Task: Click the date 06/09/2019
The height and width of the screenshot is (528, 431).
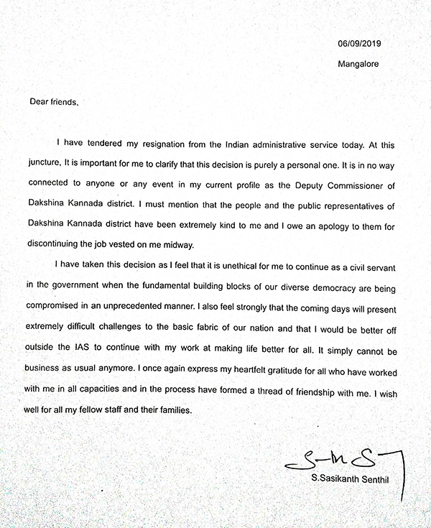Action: click(x=359, y=44)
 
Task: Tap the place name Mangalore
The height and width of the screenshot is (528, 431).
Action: click(x=358, y=63)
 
